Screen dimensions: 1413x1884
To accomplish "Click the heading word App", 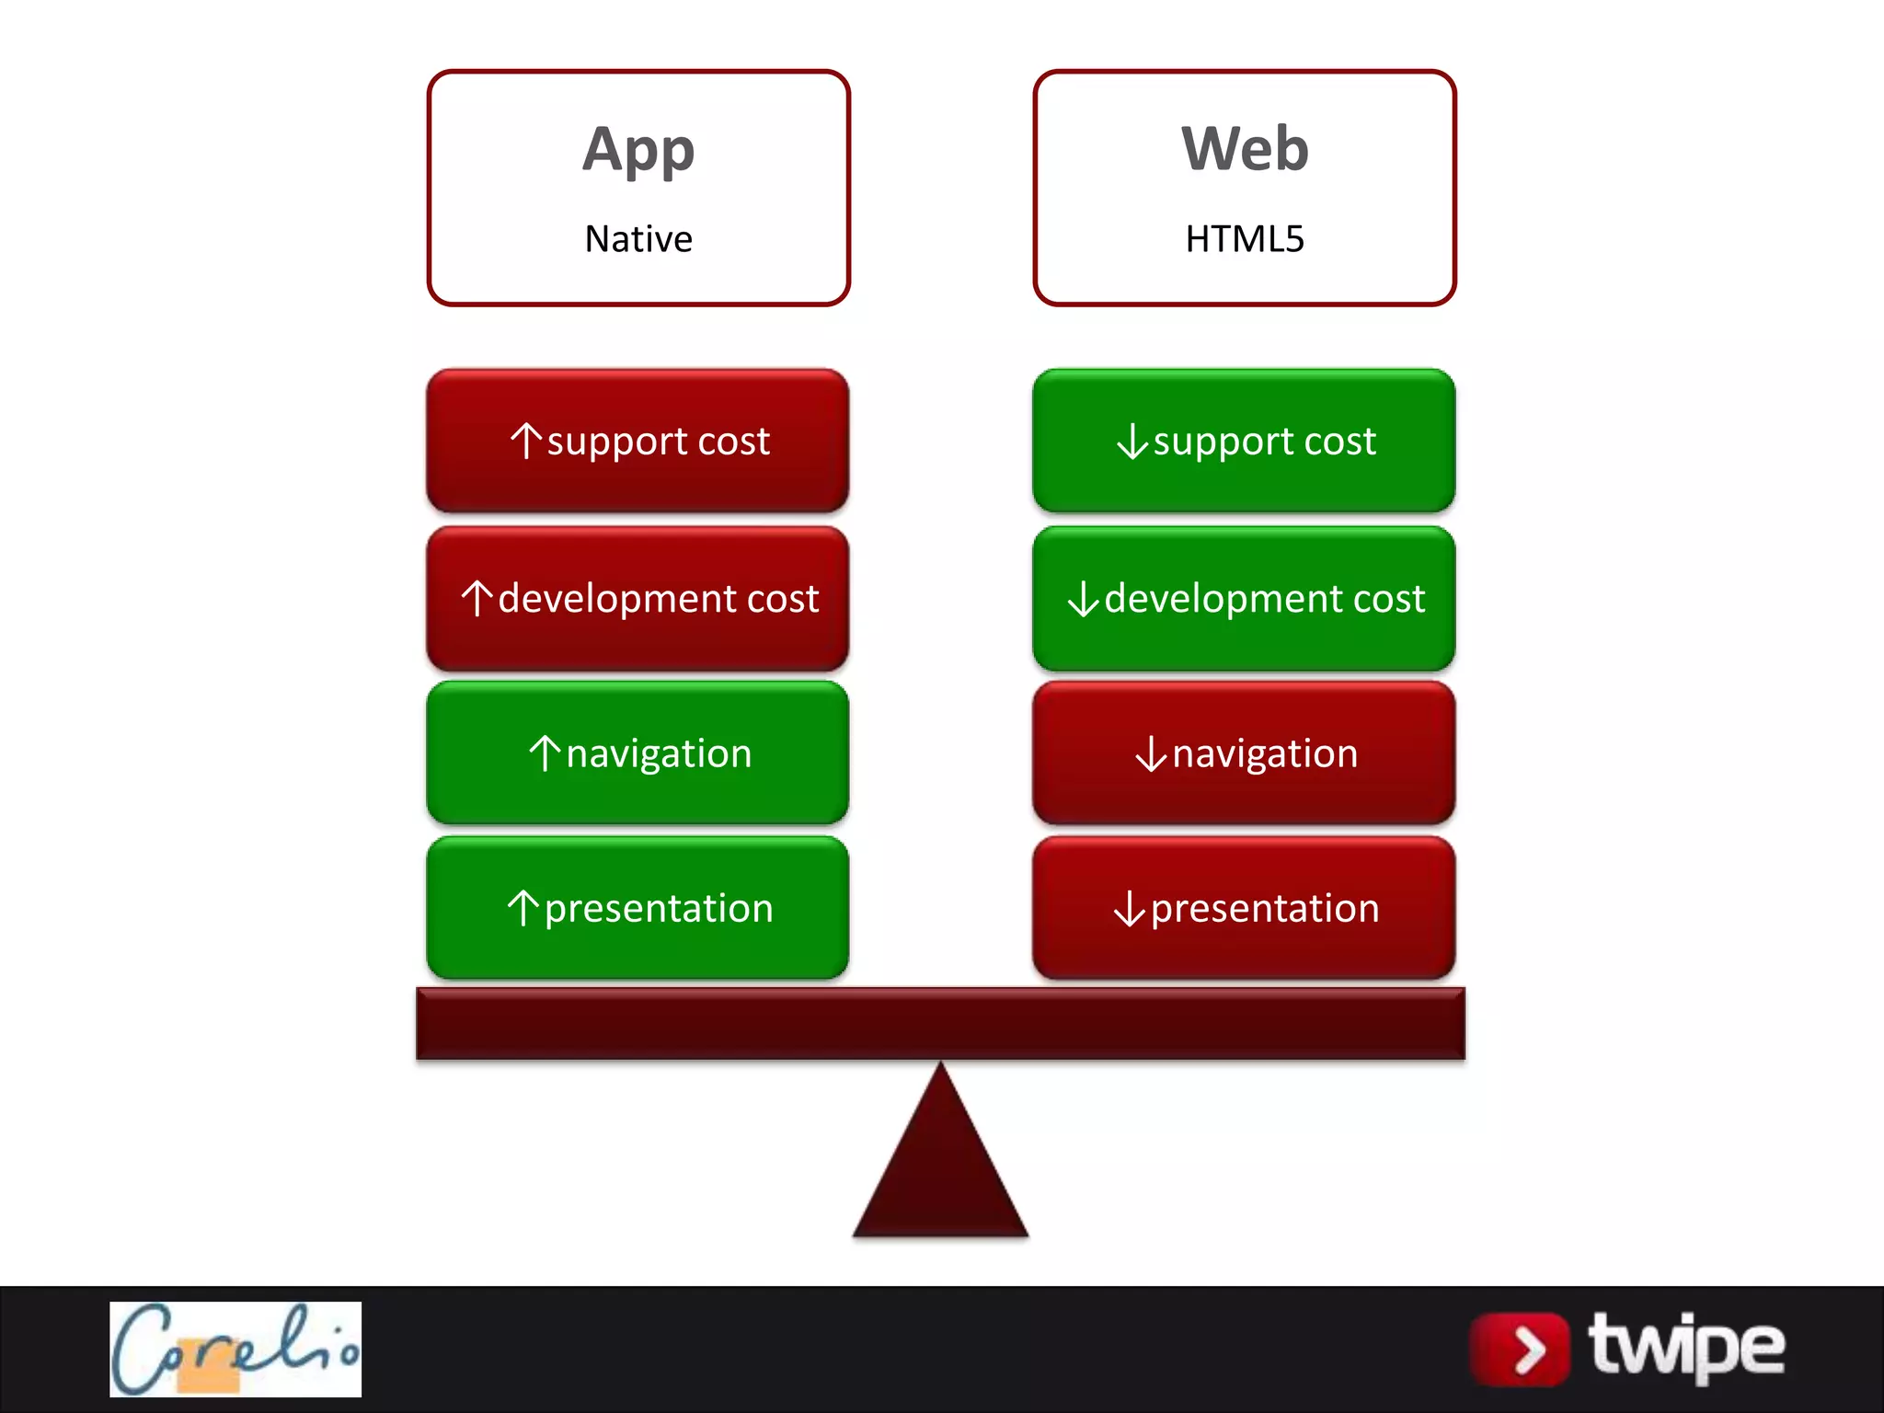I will [x=638, y=150].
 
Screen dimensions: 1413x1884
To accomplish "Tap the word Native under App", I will [x=638, y=239].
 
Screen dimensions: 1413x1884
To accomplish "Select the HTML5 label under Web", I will [x=1245, y=239].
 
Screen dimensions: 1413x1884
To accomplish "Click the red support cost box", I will [x=638, y=441].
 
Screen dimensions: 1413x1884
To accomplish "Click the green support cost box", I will [x=1244, y=441].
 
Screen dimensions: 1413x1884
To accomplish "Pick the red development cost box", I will [x=638, y=598].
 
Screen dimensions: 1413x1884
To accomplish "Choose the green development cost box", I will [x=1244, y=598].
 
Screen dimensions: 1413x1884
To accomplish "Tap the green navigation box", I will [x=638, y=752].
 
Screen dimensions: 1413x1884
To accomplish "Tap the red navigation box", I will [x=1244, y=752].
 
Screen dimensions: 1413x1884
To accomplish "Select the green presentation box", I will [x=638, y=908].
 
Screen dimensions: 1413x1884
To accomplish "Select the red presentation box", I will [x=1244, y=908].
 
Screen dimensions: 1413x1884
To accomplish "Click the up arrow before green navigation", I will [x=545, y=753].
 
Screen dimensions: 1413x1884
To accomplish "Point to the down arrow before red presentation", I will [x=1130, y=909].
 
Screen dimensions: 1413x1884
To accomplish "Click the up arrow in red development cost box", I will [x=477, y=598].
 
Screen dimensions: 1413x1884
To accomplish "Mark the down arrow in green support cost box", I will [x=1132, y=441].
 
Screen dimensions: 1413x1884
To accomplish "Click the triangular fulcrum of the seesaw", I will [x=940, y=1168].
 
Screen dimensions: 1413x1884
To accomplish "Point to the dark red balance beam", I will [x=940, y=1024].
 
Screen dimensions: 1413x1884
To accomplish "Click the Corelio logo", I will [x=235, y=1349].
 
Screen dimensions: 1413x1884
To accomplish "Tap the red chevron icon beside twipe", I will [x=1521, y=1350].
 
